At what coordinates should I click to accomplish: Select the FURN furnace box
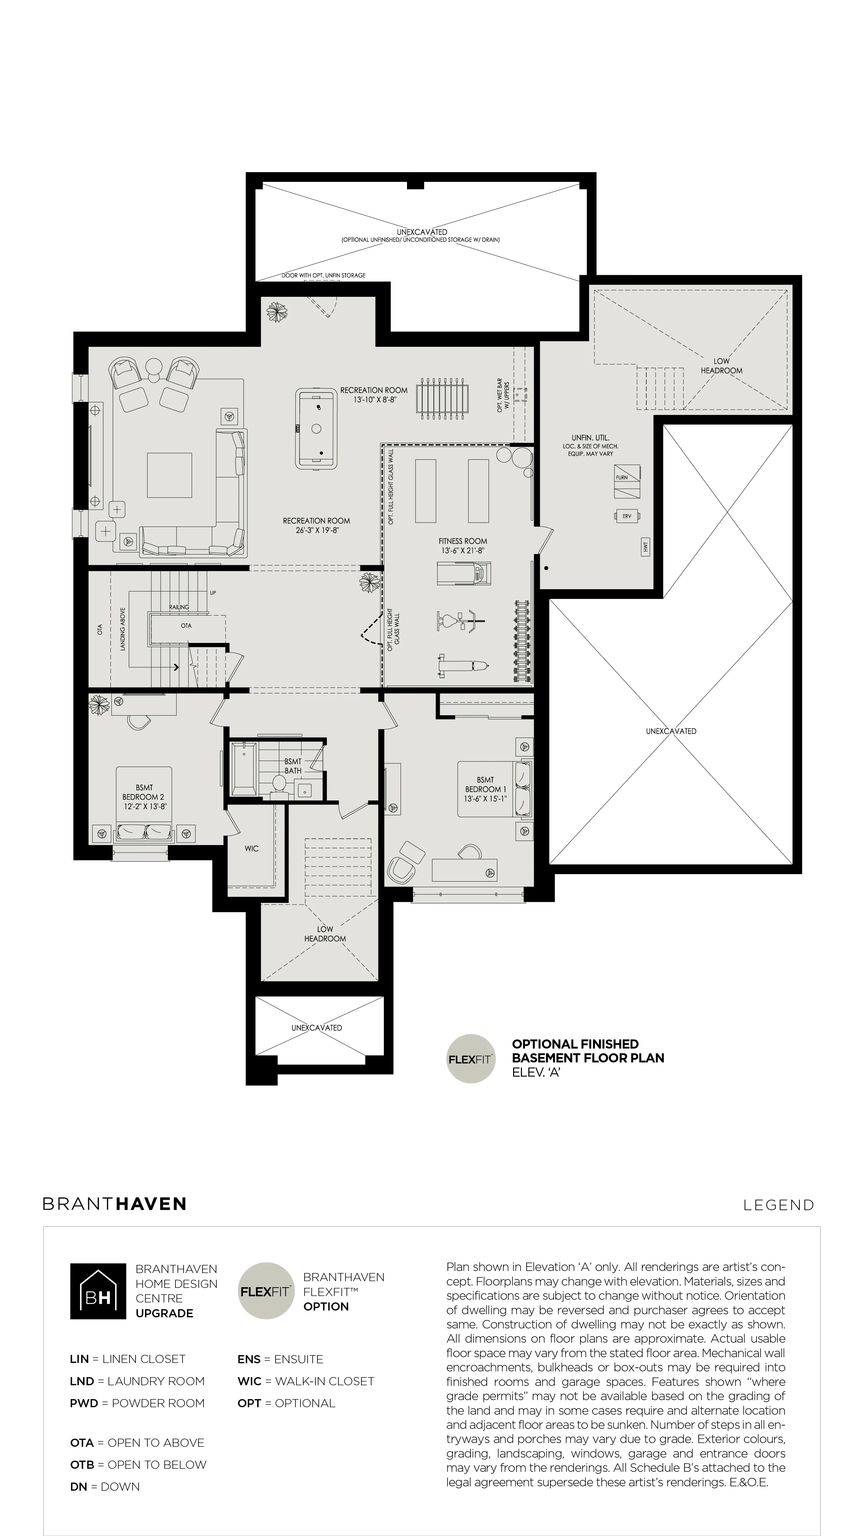click(627, 482)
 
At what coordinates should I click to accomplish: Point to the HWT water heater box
click(645, 546)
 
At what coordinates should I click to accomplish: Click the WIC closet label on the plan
click(251, 848)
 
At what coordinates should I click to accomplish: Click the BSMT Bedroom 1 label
click(485, 784)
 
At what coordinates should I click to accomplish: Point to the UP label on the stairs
click(213, 593)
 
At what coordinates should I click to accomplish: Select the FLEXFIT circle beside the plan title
click(471, 1059)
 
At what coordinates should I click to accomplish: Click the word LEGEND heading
click(778, 1205)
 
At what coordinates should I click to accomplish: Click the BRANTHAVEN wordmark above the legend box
click(115, 1204)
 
